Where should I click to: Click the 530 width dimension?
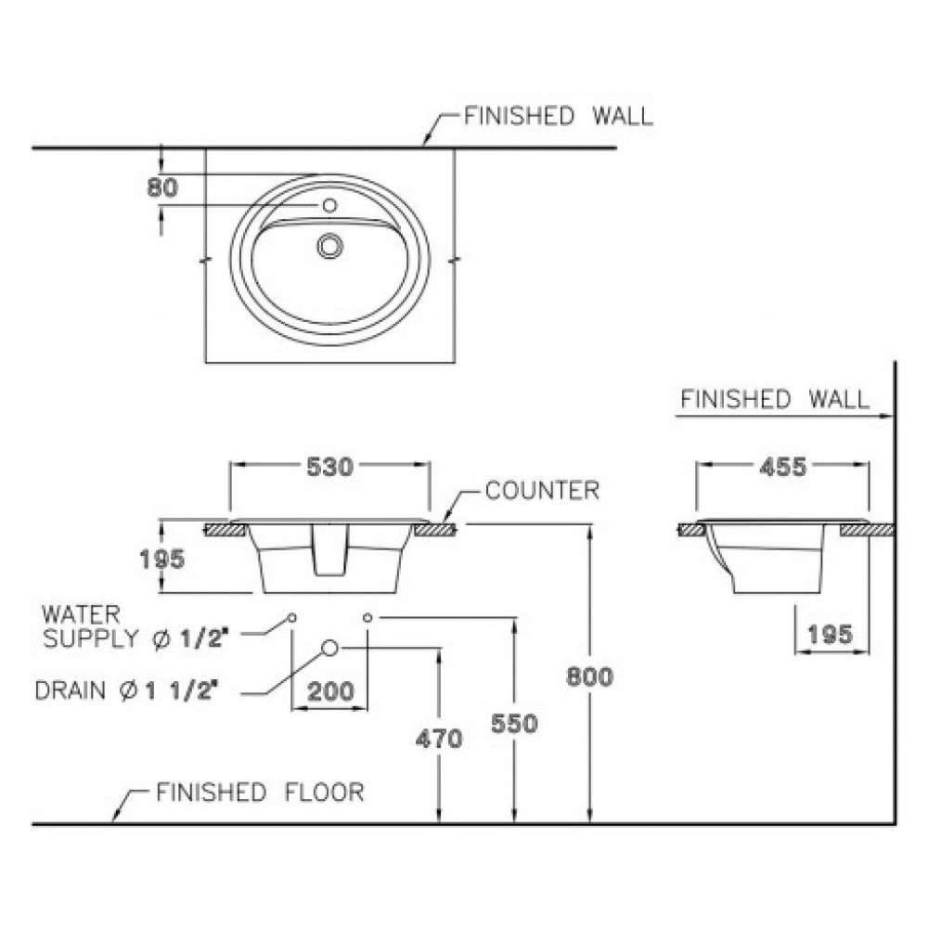pyautogui.click(x=329, y=468)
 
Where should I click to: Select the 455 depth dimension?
pyautogui.click(x=782, y=468)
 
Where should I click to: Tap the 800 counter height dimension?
pyautogui.click(x=590, y=677)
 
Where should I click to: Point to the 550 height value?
pyautogui.click(x=515, y=723)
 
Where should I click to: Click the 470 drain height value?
pyautogui.click(x=439, y=739)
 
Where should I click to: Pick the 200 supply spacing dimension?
pyautogui.click(x=329, y=691)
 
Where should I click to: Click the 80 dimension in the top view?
pyautogui.click(x=162, y=187)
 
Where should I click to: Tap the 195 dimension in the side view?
pyautogui.click(x=830, y=635)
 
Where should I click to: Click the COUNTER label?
pyautogui.click(x=543, y=491)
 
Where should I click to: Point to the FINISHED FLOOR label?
pyautogui.click(x=260, y=793)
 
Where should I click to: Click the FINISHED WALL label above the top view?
pyautogui.click(x=559, y=116)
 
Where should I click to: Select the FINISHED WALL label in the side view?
pyautogui.click(x=775, y=399)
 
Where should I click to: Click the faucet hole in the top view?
pyautogui.click(x=329, y=204)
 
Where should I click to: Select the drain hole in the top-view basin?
pyautogui.click(x=329, y=245)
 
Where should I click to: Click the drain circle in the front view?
pyautogui.click(x=329, y=648)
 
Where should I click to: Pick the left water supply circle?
pyautogui.click(x=292, y=617)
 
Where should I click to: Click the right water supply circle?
pyautogui.click(x=367, y=617)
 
